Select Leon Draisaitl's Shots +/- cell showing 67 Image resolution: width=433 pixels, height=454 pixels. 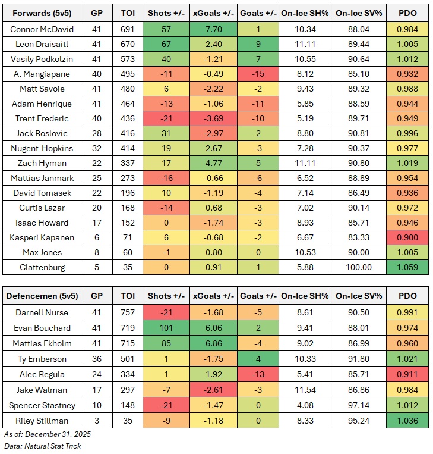coord(166,43)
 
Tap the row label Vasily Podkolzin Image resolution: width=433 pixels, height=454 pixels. coord(39,59)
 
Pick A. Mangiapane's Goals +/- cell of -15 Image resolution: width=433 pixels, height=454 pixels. coord(257,73)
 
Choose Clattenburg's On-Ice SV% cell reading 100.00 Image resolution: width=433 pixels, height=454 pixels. coord(358,268)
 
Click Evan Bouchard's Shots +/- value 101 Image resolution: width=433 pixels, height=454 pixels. coord(166,328)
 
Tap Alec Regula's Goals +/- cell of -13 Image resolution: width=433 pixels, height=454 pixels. coord(257,374)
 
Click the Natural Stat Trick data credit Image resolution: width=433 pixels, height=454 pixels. coord(54,446)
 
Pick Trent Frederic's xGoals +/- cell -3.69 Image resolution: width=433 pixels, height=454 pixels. coord(214,118)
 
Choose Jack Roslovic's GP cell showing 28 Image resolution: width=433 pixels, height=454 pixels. coord(96,133)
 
